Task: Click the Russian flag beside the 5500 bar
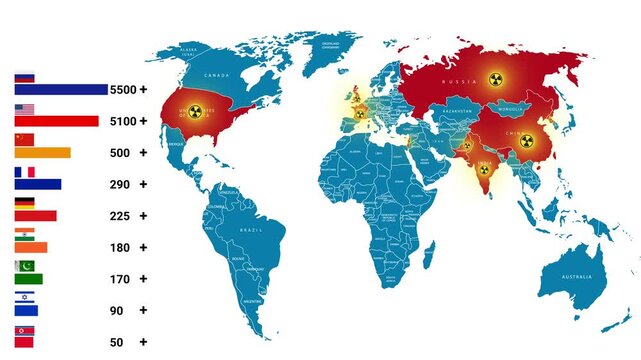(24, 77)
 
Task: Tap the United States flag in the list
(24, 109)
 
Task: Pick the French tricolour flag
(24, 172)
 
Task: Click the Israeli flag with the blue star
(24, 298)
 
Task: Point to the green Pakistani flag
(24, 267)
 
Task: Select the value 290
(120, 184)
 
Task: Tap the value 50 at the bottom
(117, 342)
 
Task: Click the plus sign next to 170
(143, 279)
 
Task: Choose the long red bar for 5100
(56, 121)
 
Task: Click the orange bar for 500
(42, 153)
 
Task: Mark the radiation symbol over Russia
(492, 78)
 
